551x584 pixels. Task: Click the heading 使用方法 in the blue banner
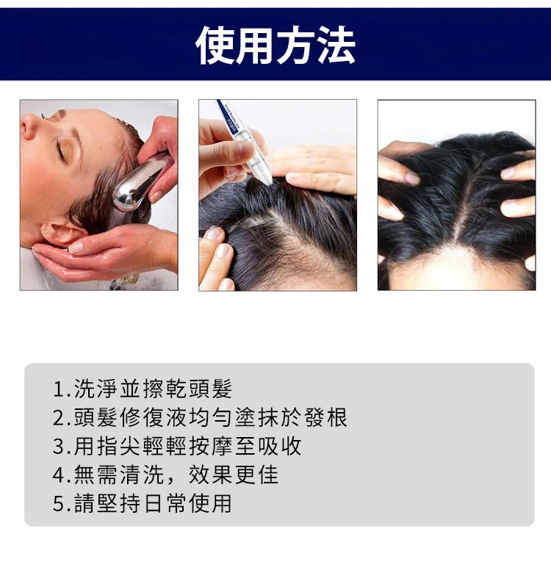(x=275, y=45)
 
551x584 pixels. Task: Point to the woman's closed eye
(x=60, y=150)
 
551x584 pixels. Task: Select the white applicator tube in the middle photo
(x=245, y=142)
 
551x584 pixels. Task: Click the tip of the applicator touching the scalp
(x=269, y=182)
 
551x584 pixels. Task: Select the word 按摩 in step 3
(x=211, y=446)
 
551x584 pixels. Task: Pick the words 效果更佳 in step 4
(x=234, y=475)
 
